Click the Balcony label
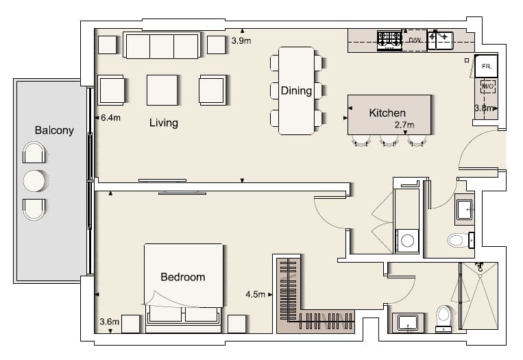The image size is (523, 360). click(x=54, y=130)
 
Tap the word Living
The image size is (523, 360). click(x=163, y=123)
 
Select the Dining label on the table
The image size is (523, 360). click(x=296, y=91)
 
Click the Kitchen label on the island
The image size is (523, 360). click(x=387, y=112)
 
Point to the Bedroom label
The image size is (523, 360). click(x=183, y=277)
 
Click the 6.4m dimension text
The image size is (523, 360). click(x=111, y=117)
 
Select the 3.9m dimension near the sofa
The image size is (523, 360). click(x=241, y=40)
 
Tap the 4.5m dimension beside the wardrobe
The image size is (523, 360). click(x=256, y=294)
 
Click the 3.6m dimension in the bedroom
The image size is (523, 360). click(x=110, y=322)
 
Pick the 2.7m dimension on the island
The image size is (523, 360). click(x=404, y=125)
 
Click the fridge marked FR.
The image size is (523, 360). click(x=486, y=66)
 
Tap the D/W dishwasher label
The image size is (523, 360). click(x=415, y=40)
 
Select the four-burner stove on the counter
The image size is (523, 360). click(x=389, y=40)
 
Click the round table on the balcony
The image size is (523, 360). click(x=34, y=181)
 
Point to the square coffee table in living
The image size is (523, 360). click(x=162, y=90)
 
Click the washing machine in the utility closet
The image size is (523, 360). click(x=407, y=240)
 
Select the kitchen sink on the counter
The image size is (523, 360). click(x=440, y=40)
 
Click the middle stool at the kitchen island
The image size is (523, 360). click(x=389, y=141)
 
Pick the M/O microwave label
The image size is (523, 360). click(x=487, y=87)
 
